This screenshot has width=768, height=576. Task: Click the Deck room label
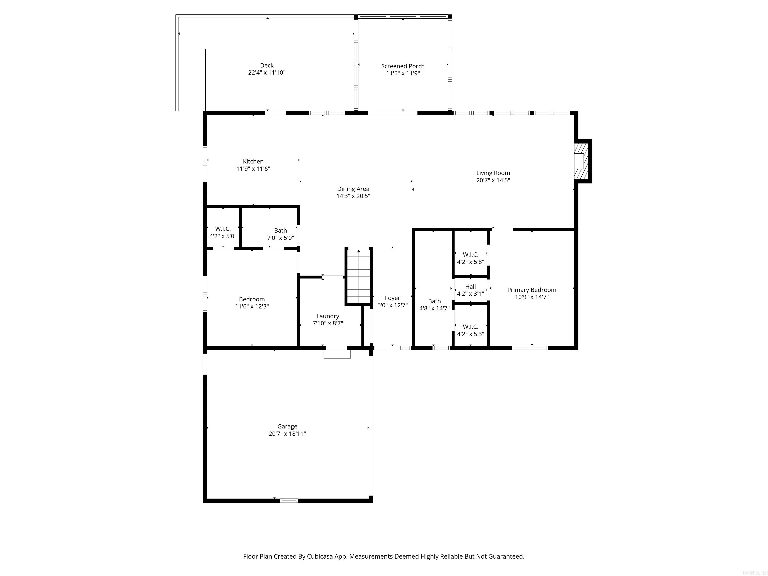tap(267, 65)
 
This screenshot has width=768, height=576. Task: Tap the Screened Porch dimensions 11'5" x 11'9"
tap(403, 73)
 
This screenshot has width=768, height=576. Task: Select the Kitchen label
tap(253, 161)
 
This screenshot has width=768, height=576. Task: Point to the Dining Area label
tap(353, 189)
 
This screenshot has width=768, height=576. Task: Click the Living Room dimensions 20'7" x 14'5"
tap(493, 180)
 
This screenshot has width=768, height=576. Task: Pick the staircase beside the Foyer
tap(359, 277)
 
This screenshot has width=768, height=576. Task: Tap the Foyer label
tap(392, 298)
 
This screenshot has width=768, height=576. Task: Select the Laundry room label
tap(328, 316)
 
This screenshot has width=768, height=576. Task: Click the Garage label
tap(287, 426)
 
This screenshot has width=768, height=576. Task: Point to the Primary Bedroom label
tap(531, 290)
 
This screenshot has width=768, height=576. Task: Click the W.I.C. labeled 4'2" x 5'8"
tap(470, 258)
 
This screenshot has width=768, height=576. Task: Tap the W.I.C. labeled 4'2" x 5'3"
tap(470, 330)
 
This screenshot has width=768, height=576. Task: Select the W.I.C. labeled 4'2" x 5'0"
tap(223, 232)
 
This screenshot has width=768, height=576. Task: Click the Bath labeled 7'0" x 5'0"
tap(280, 234)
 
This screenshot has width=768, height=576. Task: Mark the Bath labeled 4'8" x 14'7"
tap(434, 305)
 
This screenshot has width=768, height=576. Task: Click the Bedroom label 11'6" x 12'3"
tap(252, 303)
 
